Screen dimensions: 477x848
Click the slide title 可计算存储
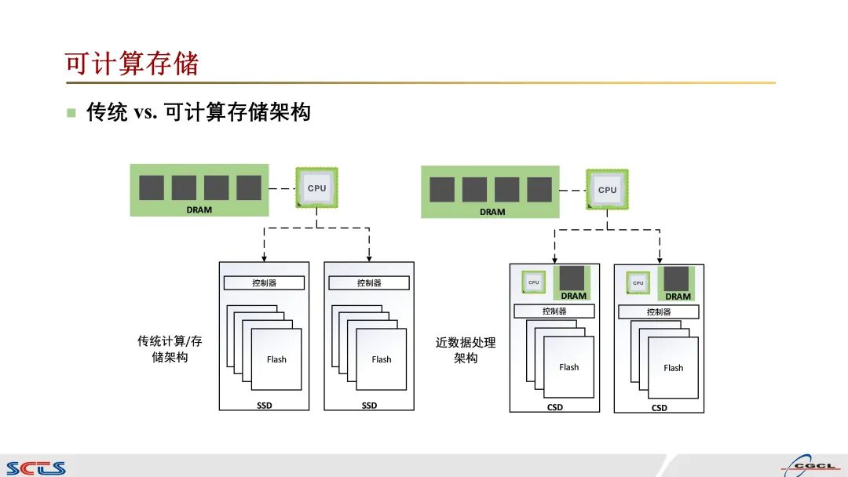(132, 63)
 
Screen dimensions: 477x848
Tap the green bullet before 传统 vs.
(71, 113)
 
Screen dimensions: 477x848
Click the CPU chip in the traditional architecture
(316, 188)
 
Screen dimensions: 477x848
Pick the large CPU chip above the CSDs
(607, 190)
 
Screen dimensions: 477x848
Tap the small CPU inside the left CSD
(534, 282)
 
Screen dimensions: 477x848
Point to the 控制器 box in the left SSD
(264, 283)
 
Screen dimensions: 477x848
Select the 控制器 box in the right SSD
(369, 283)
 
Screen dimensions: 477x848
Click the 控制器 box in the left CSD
(554, 311)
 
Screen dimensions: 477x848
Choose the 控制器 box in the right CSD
(658, 311)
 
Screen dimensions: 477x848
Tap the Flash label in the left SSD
(276, 359)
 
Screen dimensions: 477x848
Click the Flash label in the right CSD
(673, 368)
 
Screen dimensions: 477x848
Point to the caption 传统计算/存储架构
(170, 349)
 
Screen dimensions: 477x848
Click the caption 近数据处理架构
(466, 350)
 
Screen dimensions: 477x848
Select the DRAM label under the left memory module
(199, 209)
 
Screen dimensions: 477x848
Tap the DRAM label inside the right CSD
(678, 297)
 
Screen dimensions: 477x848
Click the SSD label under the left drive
(264, 406)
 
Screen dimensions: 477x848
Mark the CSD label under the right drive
(659, 408)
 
